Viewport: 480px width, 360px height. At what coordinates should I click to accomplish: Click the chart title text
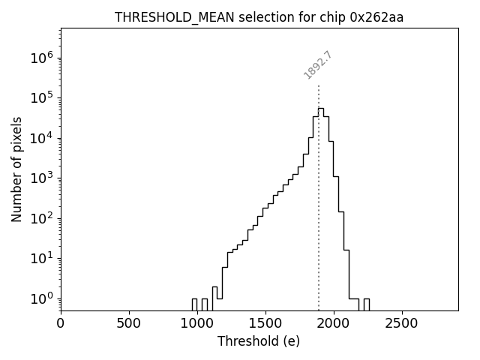pyautogui.click(x=259, y=17)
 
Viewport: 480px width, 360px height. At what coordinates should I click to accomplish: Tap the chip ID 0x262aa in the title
pyautogui.click(x=376, y=17)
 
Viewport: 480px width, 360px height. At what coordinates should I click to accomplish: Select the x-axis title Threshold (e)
pyautogui.click(x=259, y=341)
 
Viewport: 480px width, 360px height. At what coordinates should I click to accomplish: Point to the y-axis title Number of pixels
pyautogui.click(x=16, y=169)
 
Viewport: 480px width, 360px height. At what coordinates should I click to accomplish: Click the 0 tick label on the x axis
pyautogui.click(x=61, y=323)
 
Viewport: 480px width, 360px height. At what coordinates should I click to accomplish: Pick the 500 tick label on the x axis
pyautogui.click(x=129, y=323)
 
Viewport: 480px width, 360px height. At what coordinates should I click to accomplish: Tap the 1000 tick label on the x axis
pyautogui.click(x=197, y=323)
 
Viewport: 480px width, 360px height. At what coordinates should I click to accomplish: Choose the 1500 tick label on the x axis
pyautogui.click(x=265, y=323)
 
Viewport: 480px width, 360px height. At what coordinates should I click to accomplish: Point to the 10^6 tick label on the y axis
pyautogui.click(x=43, y=58)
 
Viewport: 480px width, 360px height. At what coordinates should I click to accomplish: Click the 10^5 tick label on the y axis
pyautogui.click(x=43, y=97)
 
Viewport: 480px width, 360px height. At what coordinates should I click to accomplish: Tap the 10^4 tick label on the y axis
pyautogui.click(x=43, y=138)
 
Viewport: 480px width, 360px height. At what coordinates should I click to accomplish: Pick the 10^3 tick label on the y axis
pyautogui.click(x=43, y=178)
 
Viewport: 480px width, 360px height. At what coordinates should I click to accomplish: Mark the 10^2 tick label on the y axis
pyautogui.click(x=43, y=218)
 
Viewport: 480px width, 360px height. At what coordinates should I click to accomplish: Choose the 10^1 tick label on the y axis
pyautogui.click(x=43, y=258)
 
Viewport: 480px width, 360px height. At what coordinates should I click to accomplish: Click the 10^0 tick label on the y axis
pyautogui.click(x=43, y=298)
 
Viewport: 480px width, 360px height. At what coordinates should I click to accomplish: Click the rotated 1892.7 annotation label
pyautogui.click(x=318, y=65)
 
